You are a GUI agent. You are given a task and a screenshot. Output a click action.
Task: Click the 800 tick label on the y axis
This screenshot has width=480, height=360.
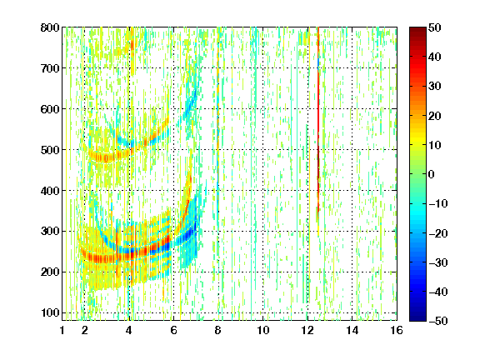[x=50, y=27]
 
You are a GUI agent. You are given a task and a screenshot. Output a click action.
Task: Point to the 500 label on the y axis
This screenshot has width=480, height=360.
[x=50, y=150]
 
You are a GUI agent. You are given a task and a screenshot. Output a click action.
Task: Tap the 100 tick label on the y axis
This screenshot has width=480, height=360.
[x=50, y=312]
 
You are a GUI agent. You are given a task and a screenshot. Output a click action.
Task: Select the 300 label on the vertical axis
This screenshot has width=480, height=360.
[x=50, y=232]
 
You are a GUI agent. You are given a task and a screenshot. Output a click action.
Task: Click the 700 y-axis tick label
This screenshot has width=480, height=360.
[x=50, y=68]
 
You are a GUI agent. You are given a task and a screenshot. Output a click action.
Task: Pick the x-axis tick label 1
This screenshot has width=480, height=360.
[x=62, y=330]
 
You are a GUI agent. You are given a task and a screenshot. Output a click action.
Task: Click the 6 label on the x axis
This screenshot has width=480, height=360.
[x=173, y=330]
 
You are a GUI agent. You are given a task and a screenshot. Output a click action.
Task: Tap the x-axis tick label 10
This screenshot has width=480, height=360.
[x=262, y=330]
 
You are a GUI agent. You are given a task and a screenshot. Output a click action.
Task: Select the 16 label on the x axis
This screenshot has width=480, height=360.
[x=397, y=330]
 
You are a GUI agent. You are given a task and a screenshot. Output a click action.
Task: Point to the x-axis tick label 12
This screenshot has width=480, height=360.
[x=307, y=330]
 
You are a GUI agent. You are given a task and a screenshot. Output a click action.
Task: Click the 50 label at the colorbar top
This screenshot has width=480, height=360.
[x=434, y=27]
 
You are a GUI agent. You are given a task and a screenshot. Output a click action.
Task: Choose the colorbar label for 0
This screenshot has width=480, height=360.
[x=431, y=174]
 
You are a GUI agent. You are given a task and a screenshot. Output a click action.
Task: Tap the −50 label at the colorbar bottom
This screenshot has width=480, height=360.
[x=438, y=321]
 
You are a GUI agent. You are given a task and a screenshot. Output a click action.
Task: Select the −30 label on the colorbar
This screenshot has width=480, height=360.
[x=438, y=262]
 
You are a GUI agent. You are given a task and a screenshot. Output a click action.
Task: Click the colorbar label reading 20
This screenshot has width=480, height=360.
[x=434, y=116]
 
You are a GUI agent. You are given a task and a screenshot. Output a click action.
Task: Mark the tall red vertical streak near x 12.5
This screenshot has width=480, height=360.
[x=318, y=122]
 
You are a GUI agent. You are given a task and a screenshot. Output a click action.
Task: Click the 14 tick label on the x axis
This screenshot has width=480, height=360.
[x=352, y=330]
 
